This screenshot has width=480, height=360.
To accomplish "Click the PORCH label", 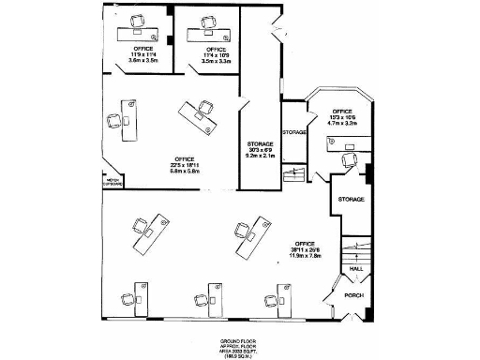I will (x=353, y=295).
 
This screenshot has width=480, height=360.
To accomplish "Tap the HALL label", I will (x=356, y=268).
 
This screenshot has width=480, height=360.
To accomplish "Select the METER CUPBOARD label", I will (x=113, y=184).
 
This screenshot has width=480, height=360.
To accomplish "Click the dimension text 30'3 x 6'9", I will (x=260, y=150).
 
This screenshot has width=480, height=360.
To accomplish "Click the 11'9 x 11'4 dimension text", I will (x=143, y=54).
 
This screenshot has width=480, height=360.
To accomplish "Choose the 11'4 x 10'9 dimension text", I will (x=216, y=54).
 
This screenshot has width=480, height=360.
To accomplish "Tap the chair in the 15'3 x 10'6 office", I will (x=349, y=160).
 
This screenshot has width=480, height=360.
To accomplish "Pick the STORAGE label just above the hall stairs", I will (x=351, y=199).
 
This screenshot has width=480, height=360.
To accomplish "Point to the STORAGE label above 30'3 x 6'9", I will (x=260, y=143).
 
